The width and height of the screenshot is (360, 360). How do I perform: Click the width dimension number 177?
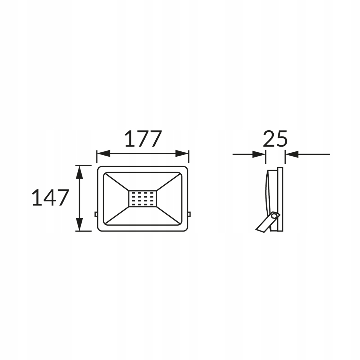(x=143, y=138)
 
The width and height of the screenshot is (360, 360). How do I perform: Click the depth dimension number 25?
(x=275, y=138)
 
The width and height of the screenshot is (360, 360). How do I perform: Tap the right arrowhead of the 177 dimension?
(x=182, y=153)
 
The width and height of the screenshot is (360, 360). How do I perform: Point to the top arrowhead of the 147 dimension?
(x=80, y=172)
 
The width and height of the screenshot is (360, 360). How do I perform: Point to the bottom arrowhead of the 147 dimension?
(x=80, y=224)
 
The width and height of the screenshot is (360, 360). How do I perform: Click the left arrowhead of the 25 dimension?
(x=259, y=154)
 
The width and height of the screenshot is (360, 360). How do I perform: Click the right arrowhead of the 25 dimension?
(x=292, y=154)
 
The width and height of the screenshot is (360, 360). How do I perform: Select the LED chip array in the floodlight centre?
(x=143, y=198)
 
